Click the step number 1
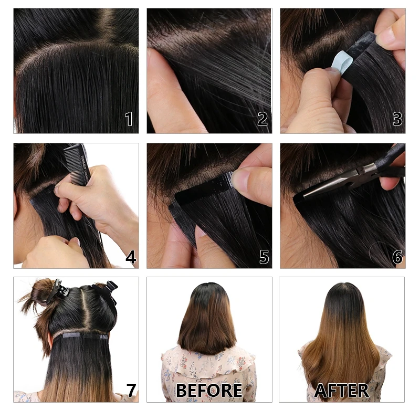tap(129, 119)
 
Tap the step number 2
tap(262, 119)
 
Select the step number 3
tap(397, 119)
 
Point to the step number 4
tap(130, 257)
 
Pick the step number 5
tap(264, 257)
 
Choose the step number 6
tap(397, 257)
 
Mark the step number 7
tap(131, 391)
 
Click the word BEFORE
tap(209, 391)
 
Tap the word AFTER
tap(341, 391)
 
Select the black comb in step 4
tap(78, 164)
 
